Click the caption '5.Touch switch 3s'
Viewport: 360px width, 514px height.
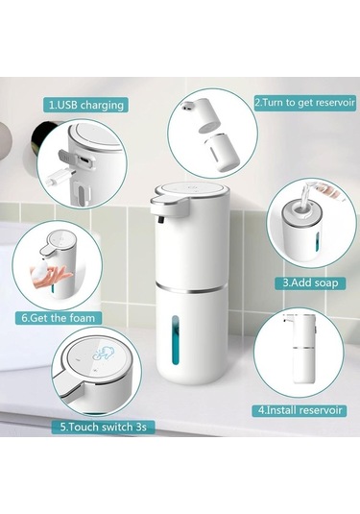[x=107, y=426]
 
